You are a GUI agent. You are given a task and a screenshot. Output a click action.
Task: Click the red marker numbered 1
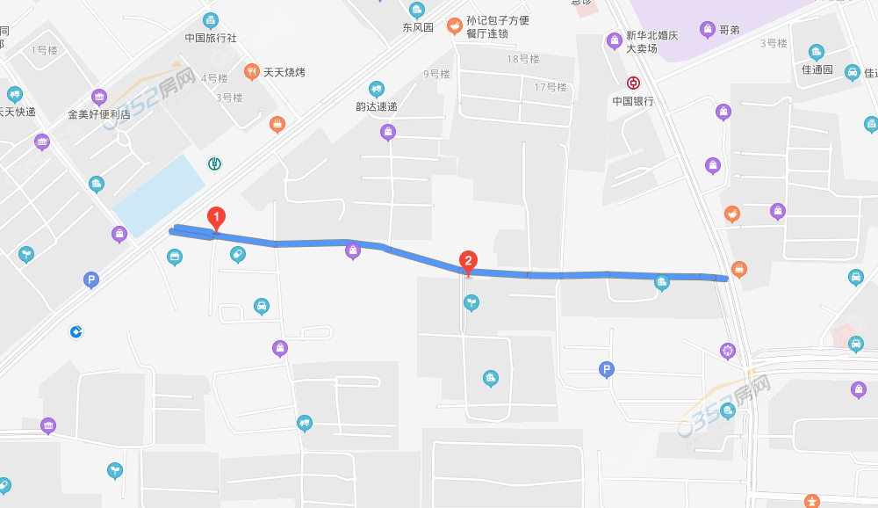pos(216,217)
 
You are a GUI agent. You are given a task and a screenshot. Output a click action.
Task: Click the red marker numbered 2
pos(469,261)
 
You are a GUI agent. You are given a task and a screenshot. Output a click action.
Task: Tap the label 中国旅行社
pos(211,39)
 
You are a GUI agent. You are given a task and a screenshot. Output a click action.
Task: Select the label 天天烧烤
pos(286,72)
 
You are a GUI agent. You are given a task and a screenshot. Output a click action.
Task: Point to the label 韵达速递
pos(376,107)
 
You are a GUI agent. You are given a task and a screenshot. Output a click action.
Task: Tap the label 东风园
pos(418,27)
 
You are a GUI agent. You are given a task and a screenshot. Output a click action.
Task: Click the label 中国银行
pos(633,101)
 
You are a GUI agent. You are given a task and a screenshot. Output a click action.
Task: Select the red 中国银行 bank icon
pos(633,83)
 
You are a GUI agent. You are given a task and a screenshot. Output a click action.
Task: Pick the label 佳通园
pos(817,69)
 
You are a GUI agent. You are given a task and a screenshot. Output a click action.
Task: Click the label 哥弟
pos(729,30)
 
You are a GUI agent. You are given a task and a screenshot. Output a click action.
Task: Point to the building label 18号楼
pos(523,59)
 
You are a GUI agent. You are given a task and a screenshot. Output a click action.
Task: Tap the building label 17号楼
pos(551,86)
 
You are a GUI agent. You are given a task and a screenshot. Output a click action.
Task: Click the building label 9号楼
pos(435,74)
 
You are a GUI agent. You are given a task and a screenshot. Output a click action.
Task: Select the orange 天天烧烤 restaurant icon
pos(251,72)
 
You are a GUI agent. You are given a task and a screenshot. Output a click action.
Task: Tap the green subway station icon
pos(214,163)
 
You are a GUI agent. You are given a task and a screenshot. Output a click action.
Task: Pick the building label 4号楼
pos(214,78)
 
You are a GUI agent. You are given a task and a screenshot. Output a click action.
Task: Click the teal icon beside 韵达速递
pos(377,89)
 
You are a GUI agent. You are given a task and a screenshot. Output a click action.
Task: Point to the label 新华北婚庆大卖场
pos(651,41)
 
